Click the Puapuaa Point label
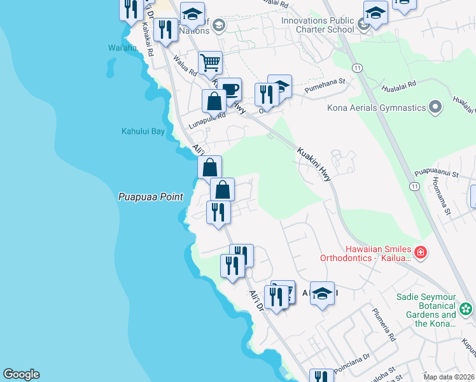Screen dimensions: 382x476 click(x=151, y=197)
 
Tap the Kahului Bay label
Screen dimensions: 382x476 click(x=143, y=131)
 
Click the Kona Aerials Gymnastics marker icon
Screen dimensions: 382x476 click(x=435, y=106)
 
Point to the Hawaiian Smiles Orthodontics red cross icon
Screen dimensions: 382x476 click(x=420, y=253)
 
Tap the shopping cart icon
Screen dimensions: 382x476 click(x=210, y=63)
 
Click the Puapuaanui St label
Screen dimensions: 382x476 click(x=437, y=172)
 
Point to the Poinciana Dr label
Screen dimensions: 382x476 click(x=351, y=358)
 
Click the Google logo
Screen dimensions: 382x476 click(x=21, y=374)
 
